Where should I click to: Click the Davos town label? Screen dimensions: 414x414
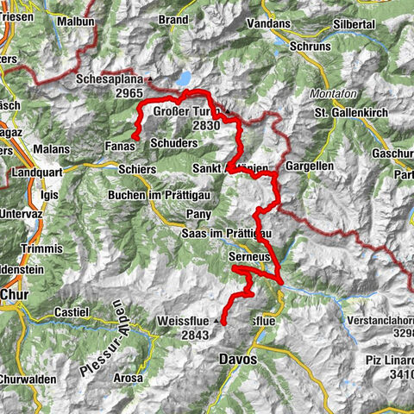click(239, 359)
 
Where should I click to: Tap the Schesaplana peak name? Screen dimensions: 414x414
click(113, 77)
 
